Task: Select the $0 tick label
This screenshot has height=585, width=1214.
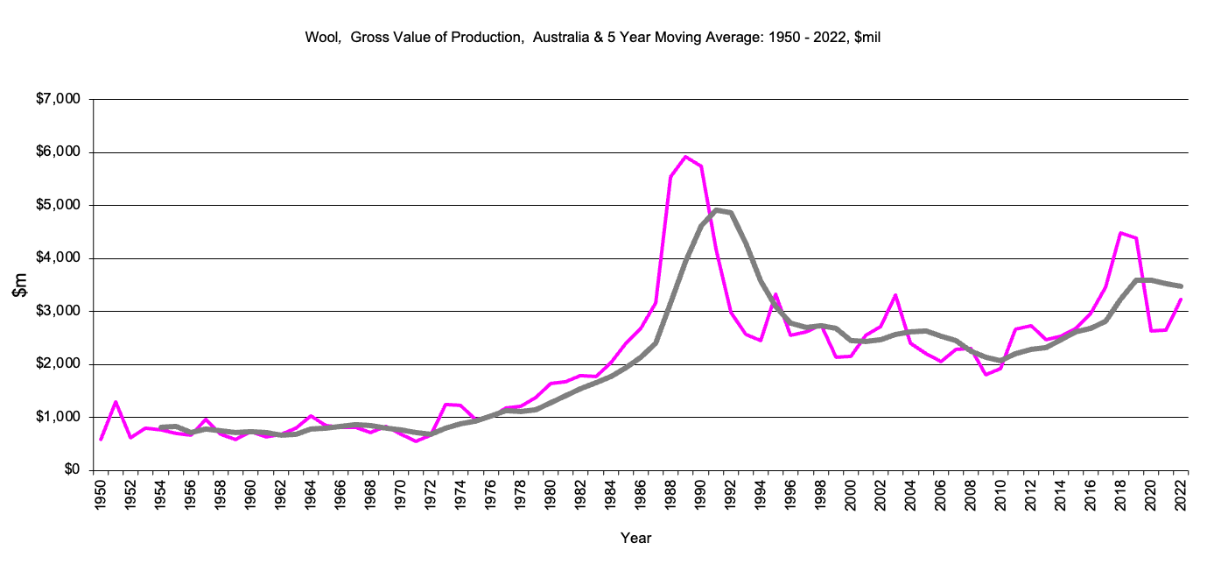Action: (73, 470)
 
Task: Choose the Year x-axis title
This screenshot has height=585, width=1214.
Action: (635, 538)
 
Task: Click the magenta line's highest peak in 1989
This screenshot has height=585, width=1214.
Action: (685, 157)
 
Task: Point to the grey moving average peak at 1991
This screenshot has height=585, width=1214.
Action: (716, 210)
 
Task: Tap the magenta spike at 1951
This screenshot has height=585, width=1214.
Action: (116, 402)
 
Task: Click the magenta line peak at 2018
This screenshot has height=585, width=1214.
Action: (1120, 233)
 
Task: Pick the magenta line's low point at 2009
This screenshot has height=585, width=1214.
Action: (986, 374)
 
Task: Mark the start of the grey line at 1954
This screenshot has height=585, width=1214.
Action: (161, 427)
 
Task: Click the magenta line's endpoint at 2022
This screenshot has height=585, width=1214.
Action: (1181, 300)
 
